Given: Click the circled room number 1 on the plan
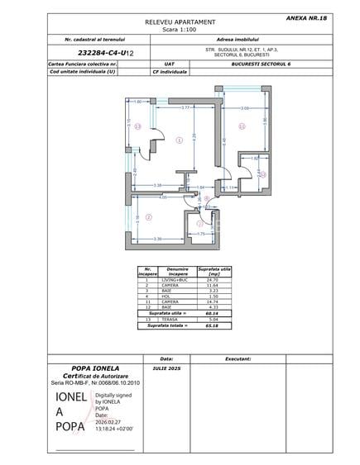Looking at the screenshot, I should point(180,140).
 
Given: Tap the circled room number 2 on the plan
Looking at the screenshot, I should point(148,217).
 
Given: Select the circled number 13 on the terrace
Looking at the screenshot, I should point(138,126).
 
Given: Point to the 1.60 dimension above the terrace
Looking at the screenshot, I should point(139,102).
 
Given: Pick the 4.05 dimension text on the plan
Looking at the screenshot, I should point(163,197).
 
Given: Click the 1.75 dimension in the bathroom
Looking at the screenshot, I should point(200,234).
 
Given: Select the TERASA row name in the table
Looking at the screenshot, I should point(177,320).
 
